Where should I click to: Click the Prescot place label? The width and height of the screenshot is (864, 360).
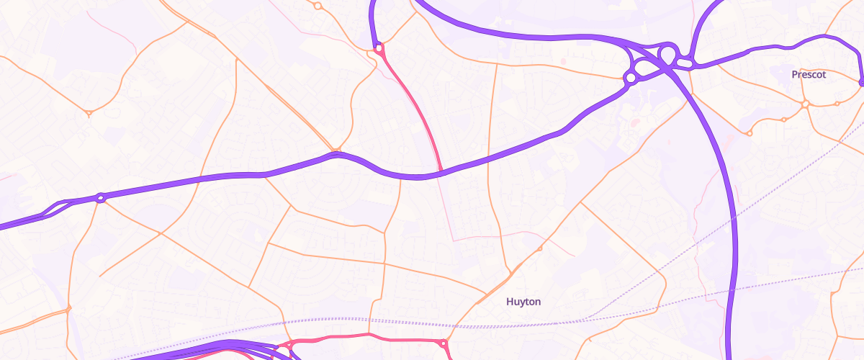click(x=809, y=75)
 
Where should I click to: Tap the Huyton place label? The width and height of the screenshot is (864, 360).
click(x=523, y=302)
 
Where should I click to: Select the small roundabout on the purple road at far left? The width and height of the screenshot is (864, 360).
click(x=101, y=198)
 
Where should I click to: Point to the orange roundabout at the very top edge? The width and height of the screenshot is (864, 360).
click(x=318, y=6)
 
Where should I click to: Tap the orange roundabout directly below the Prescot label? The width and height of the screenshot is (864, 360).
click(x=805, y=104)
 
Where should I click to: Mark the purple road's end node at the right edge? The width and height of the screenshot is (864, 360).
click(x=862, y=82)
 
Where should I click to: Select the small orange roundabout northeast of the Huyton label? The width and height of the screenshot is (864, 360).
click(x=539, y=249)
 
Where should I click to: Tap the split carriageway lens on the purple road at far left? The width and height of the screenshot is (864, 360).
click(x=54, y=210)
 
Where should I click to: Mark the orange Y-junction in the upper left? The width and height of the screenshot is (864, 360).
click(x=89, y=113)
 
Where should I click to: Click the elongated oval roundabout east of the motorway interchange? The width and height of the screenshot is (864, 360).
click(x=684, y=65)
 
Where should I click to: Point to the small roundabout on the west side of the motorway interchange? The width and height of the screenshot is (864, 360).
click(x=631, y=76)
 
